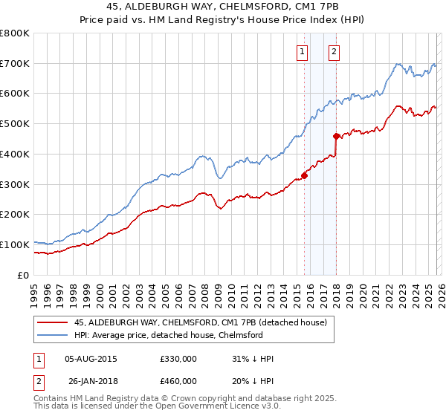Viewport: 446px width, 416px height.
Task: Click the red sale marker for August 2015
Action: coord(304,175)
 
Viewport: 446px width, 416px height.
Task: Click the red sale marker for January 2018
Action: coord(336,136)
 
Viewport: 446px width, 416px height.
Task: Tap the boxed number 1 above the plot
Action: coord(303,51)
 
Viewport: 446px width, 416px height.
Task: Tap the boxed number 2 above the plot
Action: coord(334,51)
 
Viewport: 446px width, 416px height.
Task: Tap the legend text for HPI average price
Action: coord(169,336)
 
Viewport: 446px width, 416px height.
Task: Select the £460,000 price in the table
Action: coord(178,381)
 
